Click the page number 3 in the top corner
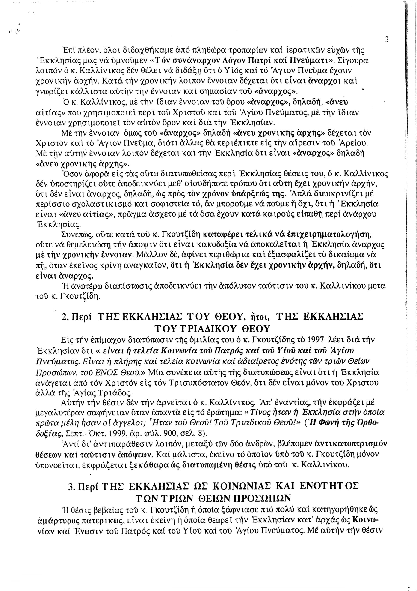[x=386, y=40]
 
